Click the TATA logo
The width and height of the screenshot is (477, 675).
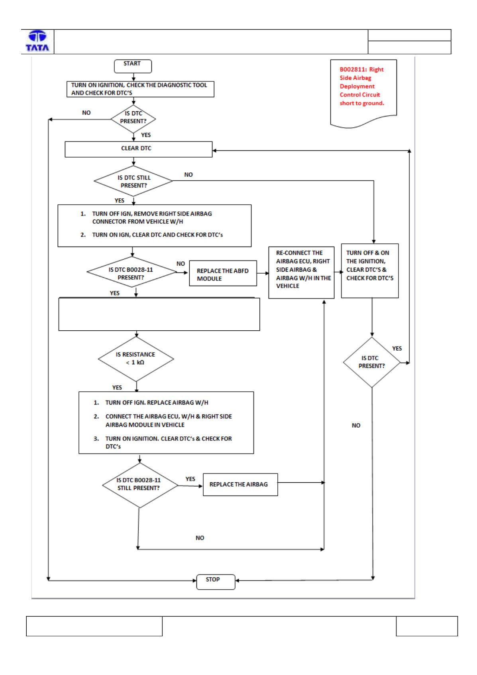point(37,41)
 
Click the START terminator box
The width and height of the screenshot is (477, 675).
point(133,66)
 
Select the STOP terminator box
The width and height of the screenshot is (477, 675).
point(216,582)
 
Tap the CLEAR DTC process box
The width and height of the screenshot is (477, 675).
point(138,149)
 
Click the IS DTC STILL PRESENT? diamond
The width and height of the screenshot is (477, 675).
point(133,181)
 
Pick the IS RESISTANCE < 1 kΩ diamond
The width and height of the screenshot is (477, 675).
point(136,359)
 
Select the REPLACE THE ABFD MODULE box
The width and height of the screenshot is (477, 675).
point(223,273)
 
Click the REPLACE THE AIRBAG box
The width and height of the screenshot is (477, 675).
point(240,485)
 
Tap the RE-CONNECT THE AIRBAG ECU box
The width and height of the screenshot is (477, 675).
point(301,272)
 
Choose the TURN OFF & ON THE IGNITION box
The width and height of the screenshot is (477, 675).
point(369,270)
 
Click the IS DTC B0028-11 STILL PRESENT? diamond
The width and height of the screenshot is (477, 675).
point(139,485)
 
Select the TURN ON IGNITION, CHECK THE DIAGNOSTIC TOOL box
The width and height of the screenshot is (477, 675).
point(140,89)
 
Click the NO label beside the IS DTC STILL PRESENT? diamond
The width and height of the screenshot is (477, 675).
point(188,175)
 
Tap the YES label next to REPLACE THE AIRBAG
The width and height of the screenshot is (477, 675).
point(190,479)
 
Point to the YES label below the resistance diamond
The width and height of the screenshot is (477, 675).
point(117,387)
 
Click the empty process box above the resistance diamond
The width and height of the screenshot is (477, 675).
point(159,314)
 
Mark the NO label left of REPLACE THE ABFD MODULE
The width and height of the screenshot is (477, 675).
point(181,264)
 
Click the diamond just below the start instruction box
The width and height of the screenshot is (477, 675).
point(133,119)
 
